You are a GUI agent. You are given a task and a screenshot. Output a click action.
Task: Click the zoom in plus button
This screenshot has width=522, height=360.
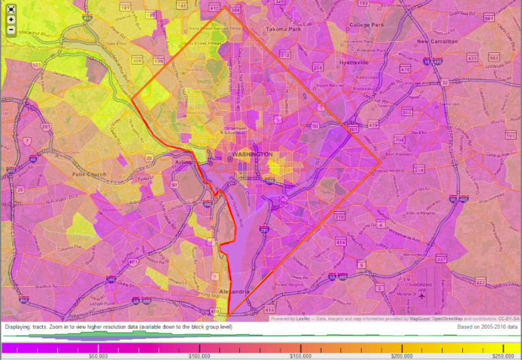tap(11, 19)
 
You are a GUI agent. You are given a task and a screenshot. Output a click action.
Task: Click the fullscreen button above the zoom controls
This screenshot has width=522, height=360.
tap(11, 9)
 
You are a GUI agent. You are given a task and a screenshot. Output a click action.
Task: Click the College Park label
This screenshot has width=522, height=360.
tap(366, 25)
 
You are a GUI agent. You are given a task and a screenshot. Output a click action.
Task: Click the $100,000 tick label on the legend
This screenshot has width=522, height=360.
tap(198, 355)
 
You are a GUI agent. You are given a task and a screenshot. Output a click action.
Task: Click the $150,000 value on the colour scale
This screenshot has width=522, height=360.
tap(299, 355)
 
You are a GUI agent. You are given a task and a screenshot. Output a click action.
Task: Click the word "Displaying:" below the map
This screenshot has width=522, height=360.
tap(18, 327)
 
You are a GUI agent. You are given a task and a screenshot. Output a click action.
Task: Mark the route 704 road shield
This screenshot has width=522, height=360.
tap(399, 139)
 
